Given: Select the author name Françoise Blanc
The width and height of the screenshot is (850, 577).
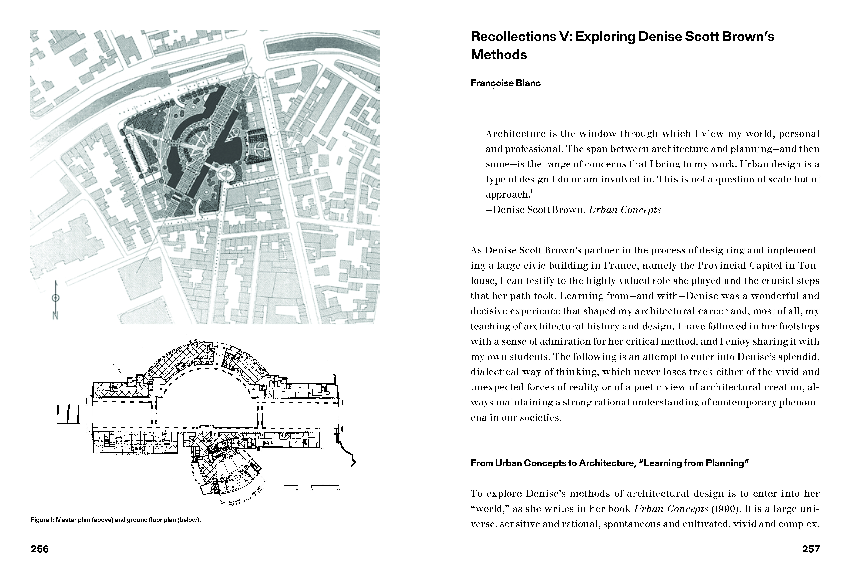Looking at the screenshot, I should click(x=505, y=83).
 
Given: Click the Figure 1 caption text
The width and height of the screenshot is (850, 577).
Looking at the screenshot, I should click(x=116, y=520).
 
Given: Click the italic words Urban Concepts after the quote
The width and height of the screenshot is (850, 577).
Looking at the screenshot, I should click(x=625, y=210).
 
